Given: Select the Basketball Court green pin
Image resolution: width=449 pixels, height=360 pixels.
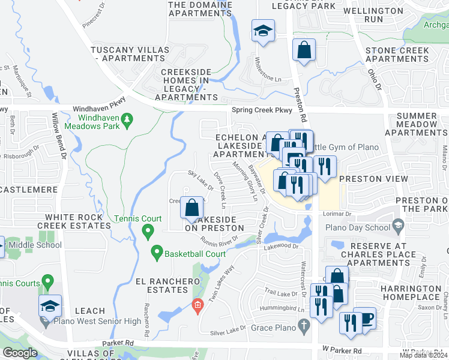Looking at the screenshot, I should coord(157,253).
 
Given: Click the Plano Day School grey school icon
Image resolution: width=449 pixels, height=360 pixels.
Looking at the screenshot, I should coord(397,226).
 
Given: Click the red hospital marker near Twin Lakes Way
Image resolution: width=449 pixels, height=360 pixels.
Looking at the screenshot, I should coord(197,307).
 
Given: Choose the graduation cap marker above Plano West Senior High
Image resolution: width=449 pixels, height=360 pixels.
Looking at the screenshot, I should coord(50,306).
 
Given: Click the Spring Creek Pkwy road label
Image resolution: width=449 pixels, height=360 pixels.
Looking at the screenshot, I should coord(262,110).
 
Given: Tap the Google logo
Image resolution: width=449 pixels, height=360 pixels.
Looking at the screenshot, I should coord(20,353).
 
